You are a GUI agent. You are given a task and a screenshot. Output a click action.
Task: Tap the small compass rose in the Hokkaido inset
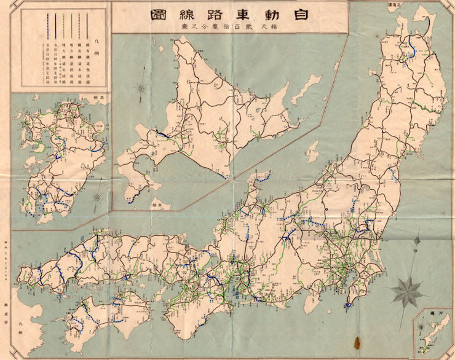[142, 90]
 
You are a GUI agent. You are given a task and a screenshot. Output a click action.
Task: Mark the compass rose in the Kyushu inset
[97, 198]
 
